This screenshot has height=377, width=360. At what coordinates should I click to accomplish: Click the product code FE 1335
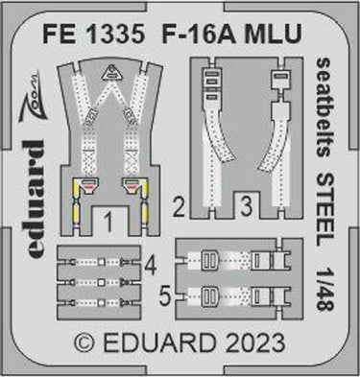coord(94,34)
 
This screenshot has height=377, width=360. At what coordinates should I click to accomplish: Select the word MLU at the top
coord(273,34)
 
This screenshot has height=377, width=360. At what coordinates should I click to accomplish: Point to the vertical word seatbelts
coord(324,107)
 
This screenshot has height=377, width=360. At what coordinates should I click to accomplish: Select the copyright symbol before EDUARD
coord(84,343)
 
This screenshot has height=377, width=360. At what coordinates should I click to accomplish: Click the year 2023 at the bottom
coord(254,343)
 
